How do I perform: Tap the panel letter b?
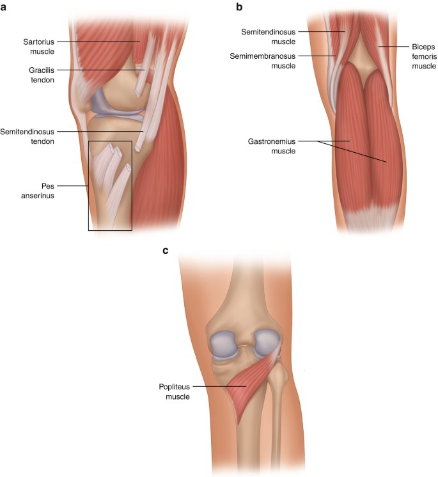(x=240, y=8)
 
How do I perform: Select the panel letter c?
(x=166, y=250)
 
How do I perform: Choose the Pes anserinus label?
(x=36, y=191)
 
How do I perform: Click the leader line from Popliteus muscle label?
(x=211, y=386)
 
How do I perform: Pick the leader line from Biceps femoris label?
(x=391, y=47)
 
